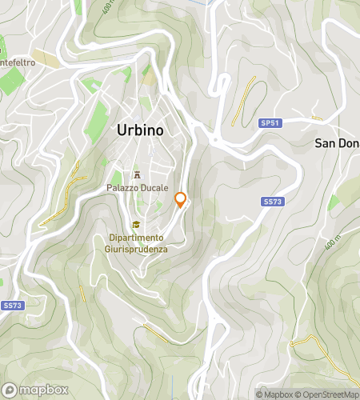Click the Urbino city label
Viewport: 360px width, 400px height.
[x=140, y=129]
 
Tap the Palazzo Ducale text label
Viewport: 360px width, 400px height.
[x=138, y=187]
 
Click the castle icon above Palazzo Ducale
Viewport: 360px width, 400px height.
[x=138, y=174]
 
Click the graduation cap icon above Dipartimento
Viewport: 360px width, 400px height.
[x=137, y=225]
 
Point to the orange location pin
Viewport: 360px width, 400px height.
[x=181, y=200]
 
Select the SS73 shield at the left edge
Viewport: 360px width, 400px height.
[x=12, y=306]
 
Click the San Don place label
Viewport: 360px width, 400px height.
[x=336, y=143]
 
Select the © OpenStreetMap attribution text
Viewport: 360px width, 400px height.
[x=328, y=394]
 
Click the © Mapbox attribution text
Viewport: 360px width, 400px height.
[x=274, y=394]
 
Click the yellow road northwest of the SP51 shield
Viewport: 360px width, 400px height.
[x=243, y=100]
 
